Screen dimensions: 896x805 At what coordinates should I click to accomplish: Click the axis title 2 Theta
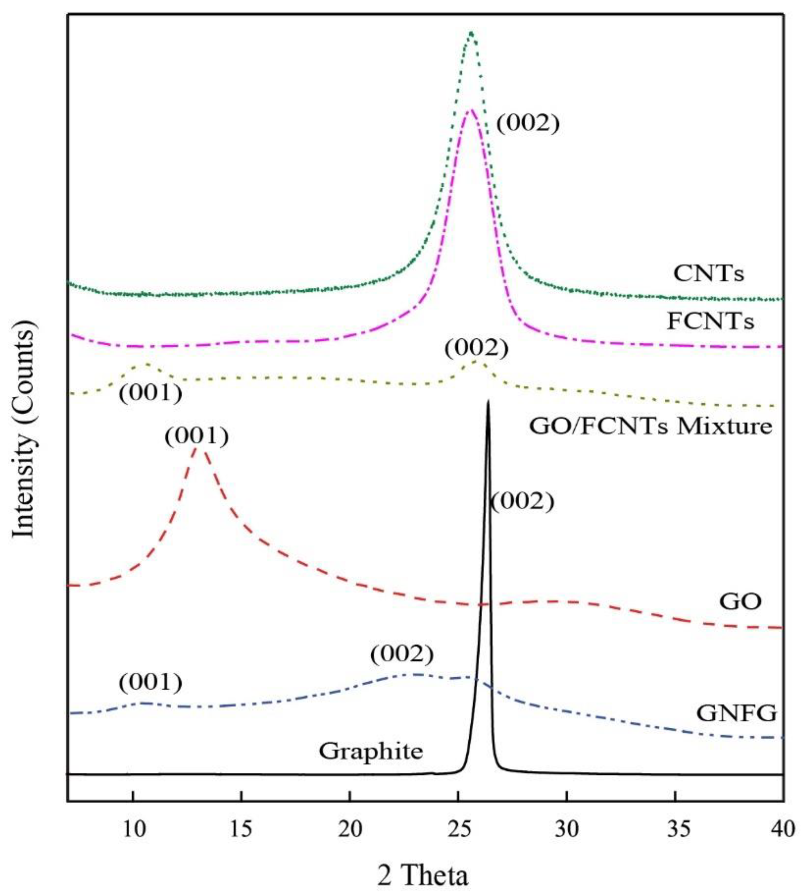click(x=422, y=873)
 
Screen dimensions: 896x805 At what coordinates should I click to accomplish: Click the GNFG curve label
click(x=736, y=713)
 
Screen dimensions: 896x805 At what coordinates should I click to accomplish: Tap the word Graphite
click(x=371, y=751)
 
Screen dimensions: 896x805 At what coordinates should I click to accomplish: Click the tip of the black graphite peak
click(x=488, y=401)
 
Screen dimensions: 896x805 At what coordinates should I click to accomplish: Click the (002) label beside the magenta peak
click(x=528, y=124)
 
